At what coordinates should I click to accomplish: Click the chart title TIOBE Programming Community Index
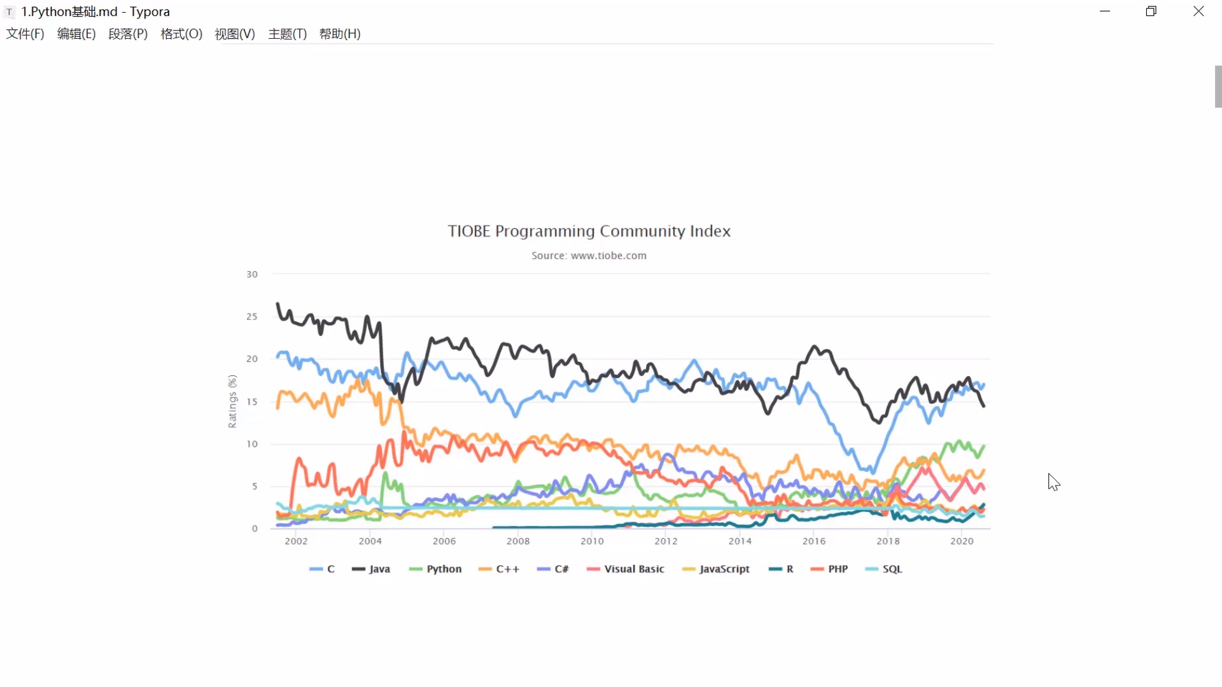pyautogui.click(x=589, y=231)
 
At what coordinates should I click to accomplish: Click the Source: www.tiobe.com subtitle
pyautogui.click(x=589, y=256)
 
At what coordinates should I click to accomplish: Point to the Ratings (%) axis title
pyautogui.click(x=232, y=401)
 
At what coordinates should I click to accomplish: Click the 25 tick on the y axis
pyautogui.click(x=252, y=317)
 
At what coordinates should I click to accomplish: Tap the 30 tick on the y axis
pyautogui.click(x=252, y=274)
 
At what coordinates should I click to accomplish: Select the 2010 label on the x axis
pyautogui.click(x=592, y=541)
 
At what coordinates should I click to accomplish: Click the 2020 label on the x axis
pyautogui.click(x=962, y=541)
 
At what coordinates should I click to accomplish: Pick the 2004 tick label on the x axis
pyautogui.click(x=370, y=541)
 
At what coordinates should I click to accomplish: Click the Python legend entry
pyautogui.click(x=436, y=569)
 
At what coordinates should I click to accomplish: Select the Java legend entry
pyautogui.click(x=372, y=569)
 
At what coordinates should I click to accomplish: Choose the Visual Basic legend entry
pyautogui.click(x=626, y=569)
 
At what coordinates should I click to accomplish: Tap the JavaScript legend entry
pyautogui.click(x=717, y=569)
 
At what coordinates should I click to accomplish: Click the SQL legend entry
pyautogui.click(x=885, y=569)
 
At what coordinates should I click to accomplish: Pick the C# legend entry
pyautogui.click(x=553, y=569)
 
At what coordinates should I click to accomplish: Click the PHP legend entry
pyautogui.click(x=830, y=569)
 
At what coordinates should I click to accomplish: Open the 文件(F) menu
pyautogui.click(x=25, y=34)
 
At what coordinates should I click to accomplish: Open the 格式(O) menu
pyautogui.click(x=181, y=34)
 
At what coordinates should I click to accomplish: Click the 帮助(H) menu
pyautogui.click(x=340, y=34)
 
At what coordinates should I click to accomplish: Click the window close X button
pyautogui.click(x=1198, y=11)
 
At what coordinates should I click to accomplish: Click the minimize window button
pyautogui.click(x=1105, y=11)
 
